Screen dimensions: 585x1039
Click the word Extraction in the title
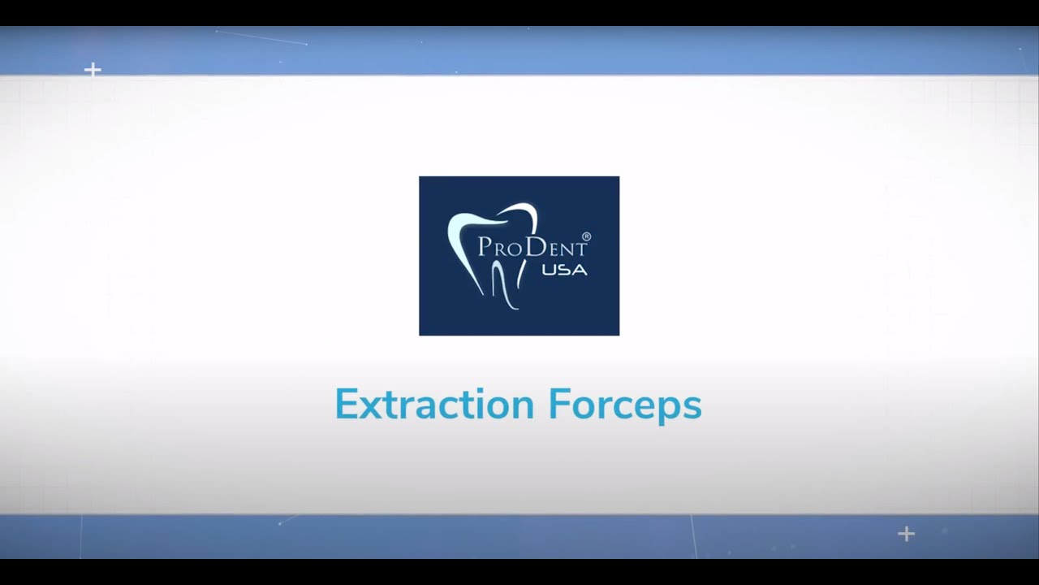[x=434, y=405]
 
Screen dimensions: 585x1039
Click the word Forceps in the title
[x=624, y=405]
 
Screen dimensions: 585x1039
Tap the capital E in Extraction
[x=347, y=405]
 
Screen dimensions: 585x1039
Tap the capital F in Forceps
[x=558, y=405]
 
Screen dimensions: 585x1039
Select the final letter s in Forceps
[x=692, y=407]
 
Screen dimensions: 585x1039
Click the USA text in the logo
[x=564, y=269]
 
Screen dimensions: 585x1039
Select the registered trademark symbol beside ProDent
[x=586, y=237]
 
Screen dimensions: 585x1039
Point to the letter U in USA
[x=549, y=269]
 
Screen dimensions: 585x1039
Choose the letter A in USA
[x=580, y=269]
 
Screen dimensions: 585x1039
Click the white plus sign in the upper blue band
[x=93, y=70]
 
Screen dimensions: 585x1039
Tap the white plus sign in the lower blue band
[x=907, y=534]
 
